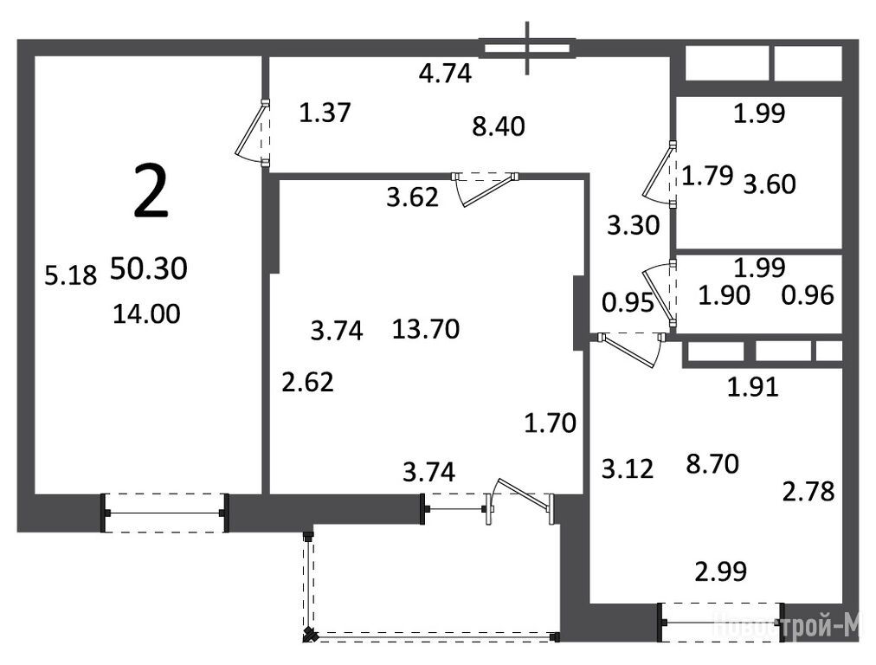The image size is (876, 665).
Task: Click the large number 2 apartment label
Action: click(151, 193)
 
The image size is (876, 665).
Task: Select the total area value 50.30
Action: click(149, 268)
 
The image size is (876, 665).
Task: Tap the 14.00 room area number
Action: click(146, 313)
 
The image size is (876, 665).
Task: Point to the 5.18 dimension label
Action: click(71, 275)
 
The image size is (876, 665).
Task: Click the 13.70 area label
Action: click(426, 329)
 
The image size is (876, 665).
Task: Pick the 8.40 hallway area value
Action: click(499, 127)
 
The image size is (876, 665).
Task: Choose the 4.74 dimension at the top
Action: click(445, 74)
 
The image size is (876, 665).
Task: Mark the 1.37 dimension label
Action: click(325, 113)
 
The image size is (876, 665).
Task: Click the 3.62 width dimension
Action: click(412, 197)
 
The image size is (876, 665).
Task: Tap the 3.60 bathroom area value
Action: click(770, 184)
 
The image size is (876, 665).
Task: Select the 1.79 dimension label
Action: click(707, 176)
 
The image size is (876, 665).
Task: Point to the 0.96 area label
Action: click(808, 295)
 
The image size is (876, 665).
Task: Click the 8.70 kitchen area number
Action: click(712, 464)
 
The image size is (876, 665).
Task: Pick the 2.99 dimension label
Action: click(721, 571)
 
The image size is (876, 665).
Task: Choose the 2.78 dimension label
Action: click(808, 492)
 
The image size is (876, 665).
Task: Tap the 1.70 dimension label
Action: click(551, 423)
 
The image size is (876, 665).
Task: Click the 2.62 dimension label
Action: click(308, 382)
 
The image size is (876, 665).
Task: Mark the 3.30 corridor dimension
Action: click(634, 225)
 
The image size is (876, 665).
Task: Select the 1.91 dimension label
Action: click(752, 387)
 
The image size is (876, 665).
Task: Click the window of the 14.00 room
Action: click(164, 513)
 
